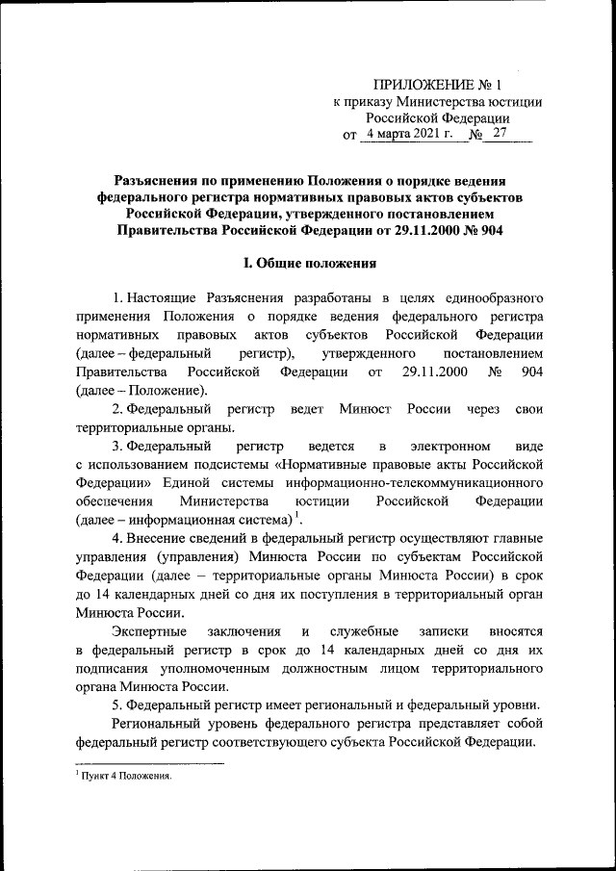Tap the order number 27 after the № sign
coord(499,135)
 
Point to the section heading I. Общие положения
coord(308,263)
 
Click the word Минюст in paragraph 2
coord(367,410)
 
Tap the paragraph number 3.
coord(116,447)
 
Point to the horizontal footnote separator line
coord(148,764)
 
